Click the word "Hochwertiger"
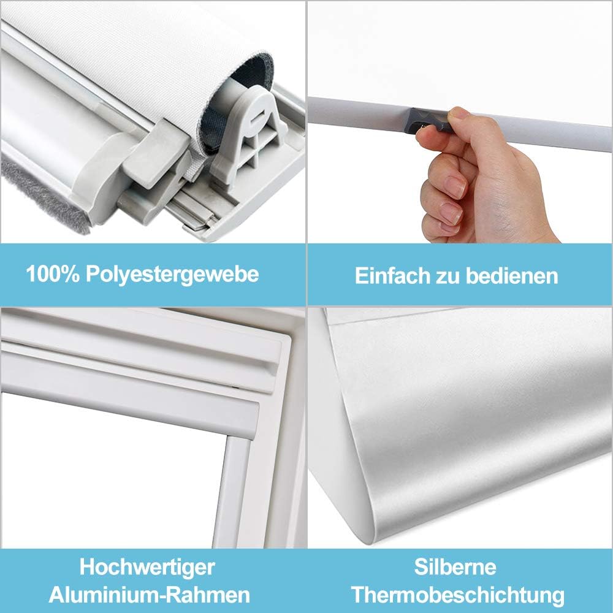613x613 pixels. click(x=147, y=566)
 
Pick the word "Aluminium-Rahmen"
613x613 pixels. click(x=149, y=594)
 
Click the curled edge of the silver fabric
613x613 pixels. click(x=343, y=429)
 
